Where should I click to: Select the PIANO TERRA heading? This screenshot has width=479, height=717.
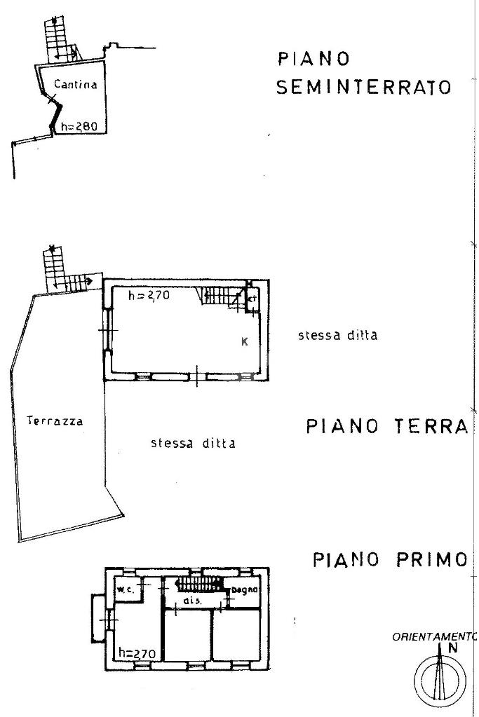click(386, 427)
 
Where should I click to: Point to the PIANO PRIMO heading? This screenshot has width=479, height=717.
click(389, 560)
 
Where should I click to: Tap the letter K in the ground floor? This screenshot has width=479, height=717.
click(245, 342)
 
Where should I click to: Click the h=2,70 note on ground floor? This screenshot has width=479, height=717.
click(151, 296)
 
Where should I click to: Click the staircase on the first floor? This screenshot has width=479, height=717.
click(198, 583)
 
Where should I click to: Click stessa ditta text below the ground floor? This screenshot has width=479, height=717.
click(193, 443)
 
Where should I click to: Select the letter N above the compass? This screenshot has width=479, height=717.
click(452, 648)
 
